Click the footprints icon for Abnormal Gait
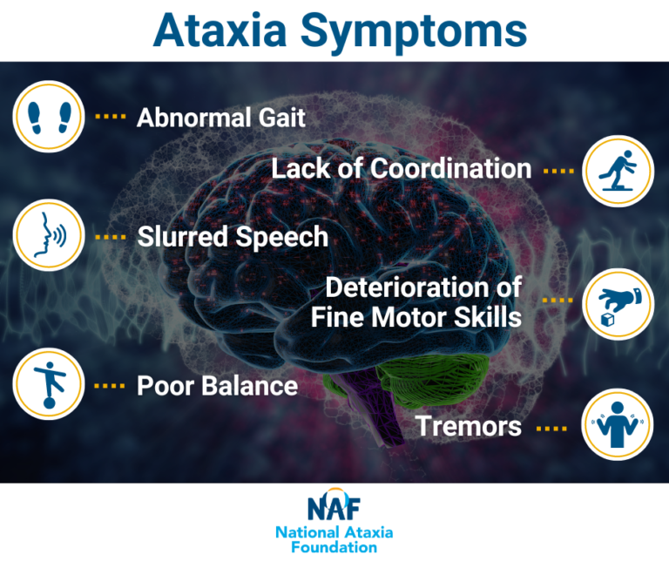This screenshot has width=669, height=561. [48, 117]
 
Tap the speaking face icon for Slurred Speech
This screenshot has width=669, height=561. [48, 236]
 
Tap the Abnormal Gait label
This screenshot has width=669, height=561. [221, 117]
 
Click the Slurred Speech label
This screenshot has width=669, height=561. [233, 236]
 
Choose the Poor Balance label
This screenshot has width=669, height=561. [217, 385]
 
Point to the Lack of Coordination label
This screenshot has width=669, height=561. [401, 169]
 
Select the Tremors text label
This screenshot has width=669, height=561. [469, 427]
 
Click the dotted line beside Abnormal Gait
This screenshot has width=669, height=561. [110, 117]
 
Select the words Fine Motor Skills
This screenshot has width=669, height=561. [416, 316]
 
